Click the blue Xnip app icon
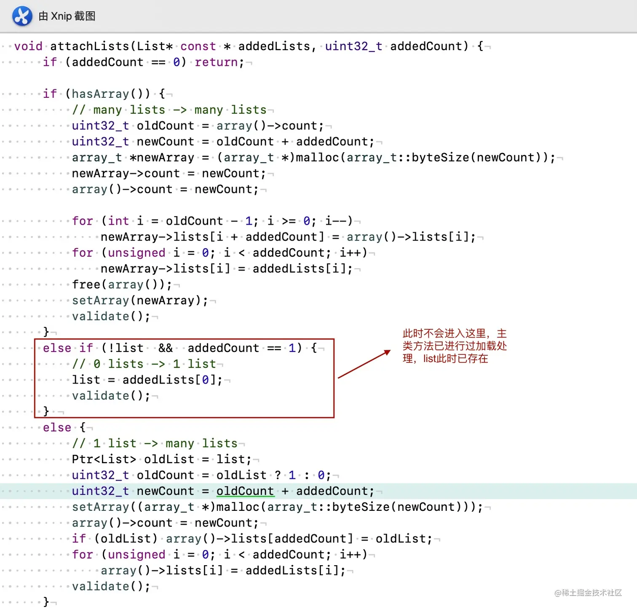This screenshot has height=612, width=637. (22, 16)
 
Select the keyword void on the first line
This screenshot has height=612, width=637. (28, 46)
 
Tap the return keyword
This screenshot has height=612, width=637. (216, 62)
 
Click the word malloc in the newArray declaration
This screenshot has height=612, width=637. (317, 157)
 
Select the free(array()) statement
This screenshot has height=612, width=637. (122, 285)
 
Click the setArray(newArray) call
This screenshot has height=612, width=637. (140, 301)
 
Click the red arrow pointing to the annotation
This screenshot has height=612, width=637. (364, 364)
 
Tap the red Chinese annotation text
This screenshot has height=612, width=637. (455, 346)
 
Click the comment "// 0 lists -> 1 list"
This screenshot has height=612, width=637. (144, 364)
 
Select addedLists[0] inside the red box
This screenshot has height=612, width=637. (172, 380)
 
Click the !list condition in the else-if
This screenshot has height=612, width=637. (126, 348)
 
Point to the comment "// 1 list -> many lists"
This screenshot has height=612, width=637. (155, 443)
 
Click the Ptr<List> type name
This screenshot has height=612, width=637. (104, 459)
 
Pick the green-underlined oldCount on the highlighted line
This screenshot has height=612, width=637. (245, 491)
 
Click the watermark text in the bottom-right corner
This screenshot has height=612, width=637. (588, 593)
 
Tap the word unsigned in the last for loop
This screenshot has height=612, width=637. (136, 554)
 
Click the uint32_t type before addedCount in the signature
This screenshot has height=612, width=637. (353, 46)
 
